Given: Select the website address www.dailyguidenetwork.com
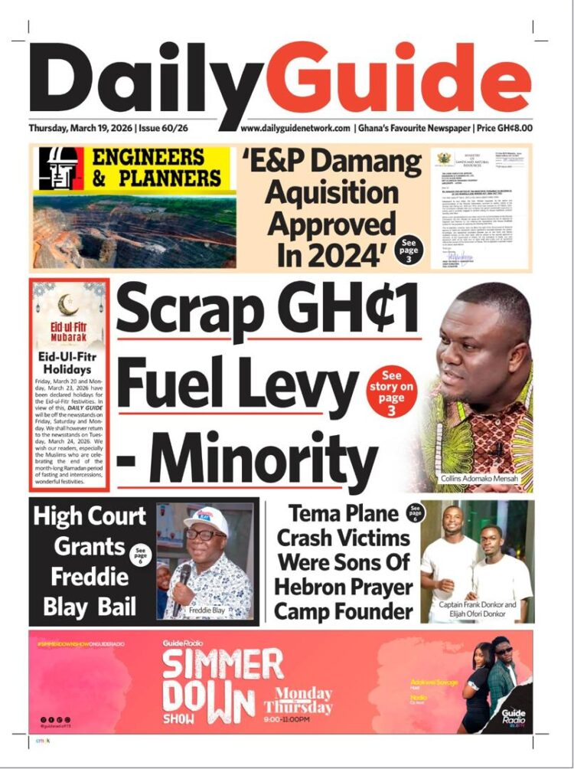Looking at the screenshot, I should tap(295, 129).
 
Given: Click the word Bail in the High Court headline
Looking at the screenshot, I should tap(116, 608).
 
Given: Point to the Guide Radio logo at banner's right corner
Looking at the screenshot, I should tap(514, 716).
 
